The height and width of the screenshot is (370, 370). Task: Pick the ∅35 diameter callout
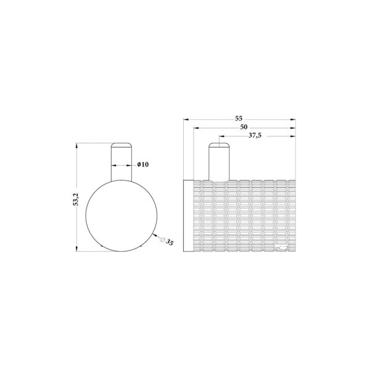(166, 242)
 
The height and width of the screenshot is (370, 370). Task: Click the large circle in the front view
(120, 216)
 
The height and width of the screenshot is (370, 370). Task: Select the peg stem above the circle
(120, 162)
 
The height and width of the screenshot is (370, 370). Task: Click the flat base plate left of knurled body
(189, 216)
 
